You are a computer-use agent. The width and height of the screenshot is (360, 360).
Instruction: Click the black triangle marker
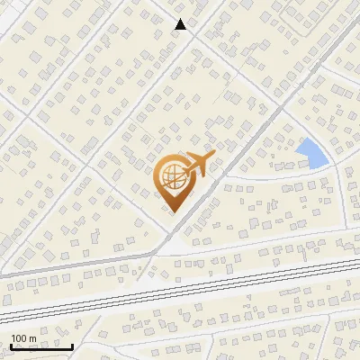[181, 25]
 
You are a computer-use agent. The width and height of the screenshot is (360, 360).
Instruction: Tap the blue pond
[312, 153]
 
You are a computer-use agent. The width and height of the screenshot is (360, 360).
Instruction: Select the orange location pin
[174, 182]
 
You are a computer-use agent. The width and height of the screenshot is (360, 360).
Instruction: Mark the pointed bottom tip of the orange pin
[174, 212]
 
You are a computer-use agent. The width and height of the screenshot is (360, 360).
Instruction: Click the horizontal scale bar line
[41, 346]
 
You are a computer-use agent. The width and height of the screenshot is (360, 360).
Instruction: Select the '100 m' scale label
[23, 338]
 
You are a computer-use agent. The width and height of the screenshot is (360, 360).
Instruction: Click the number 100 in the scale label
[19, 338]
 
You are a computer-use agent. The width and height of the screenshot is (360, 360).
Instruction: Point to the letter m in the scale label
[32, 338]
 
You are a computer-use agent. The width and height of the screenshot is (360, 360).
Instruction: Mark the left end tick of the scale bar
[11, 344]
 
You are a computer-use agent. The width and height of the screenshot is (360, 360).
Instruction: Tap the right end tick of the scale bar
[72, 344]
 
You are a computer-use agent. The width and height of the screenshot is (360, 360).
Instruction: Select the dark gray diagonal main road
[252, 135]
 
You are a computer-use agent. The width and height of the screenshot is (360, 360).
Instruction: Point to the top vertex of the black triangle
[181, 20]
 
